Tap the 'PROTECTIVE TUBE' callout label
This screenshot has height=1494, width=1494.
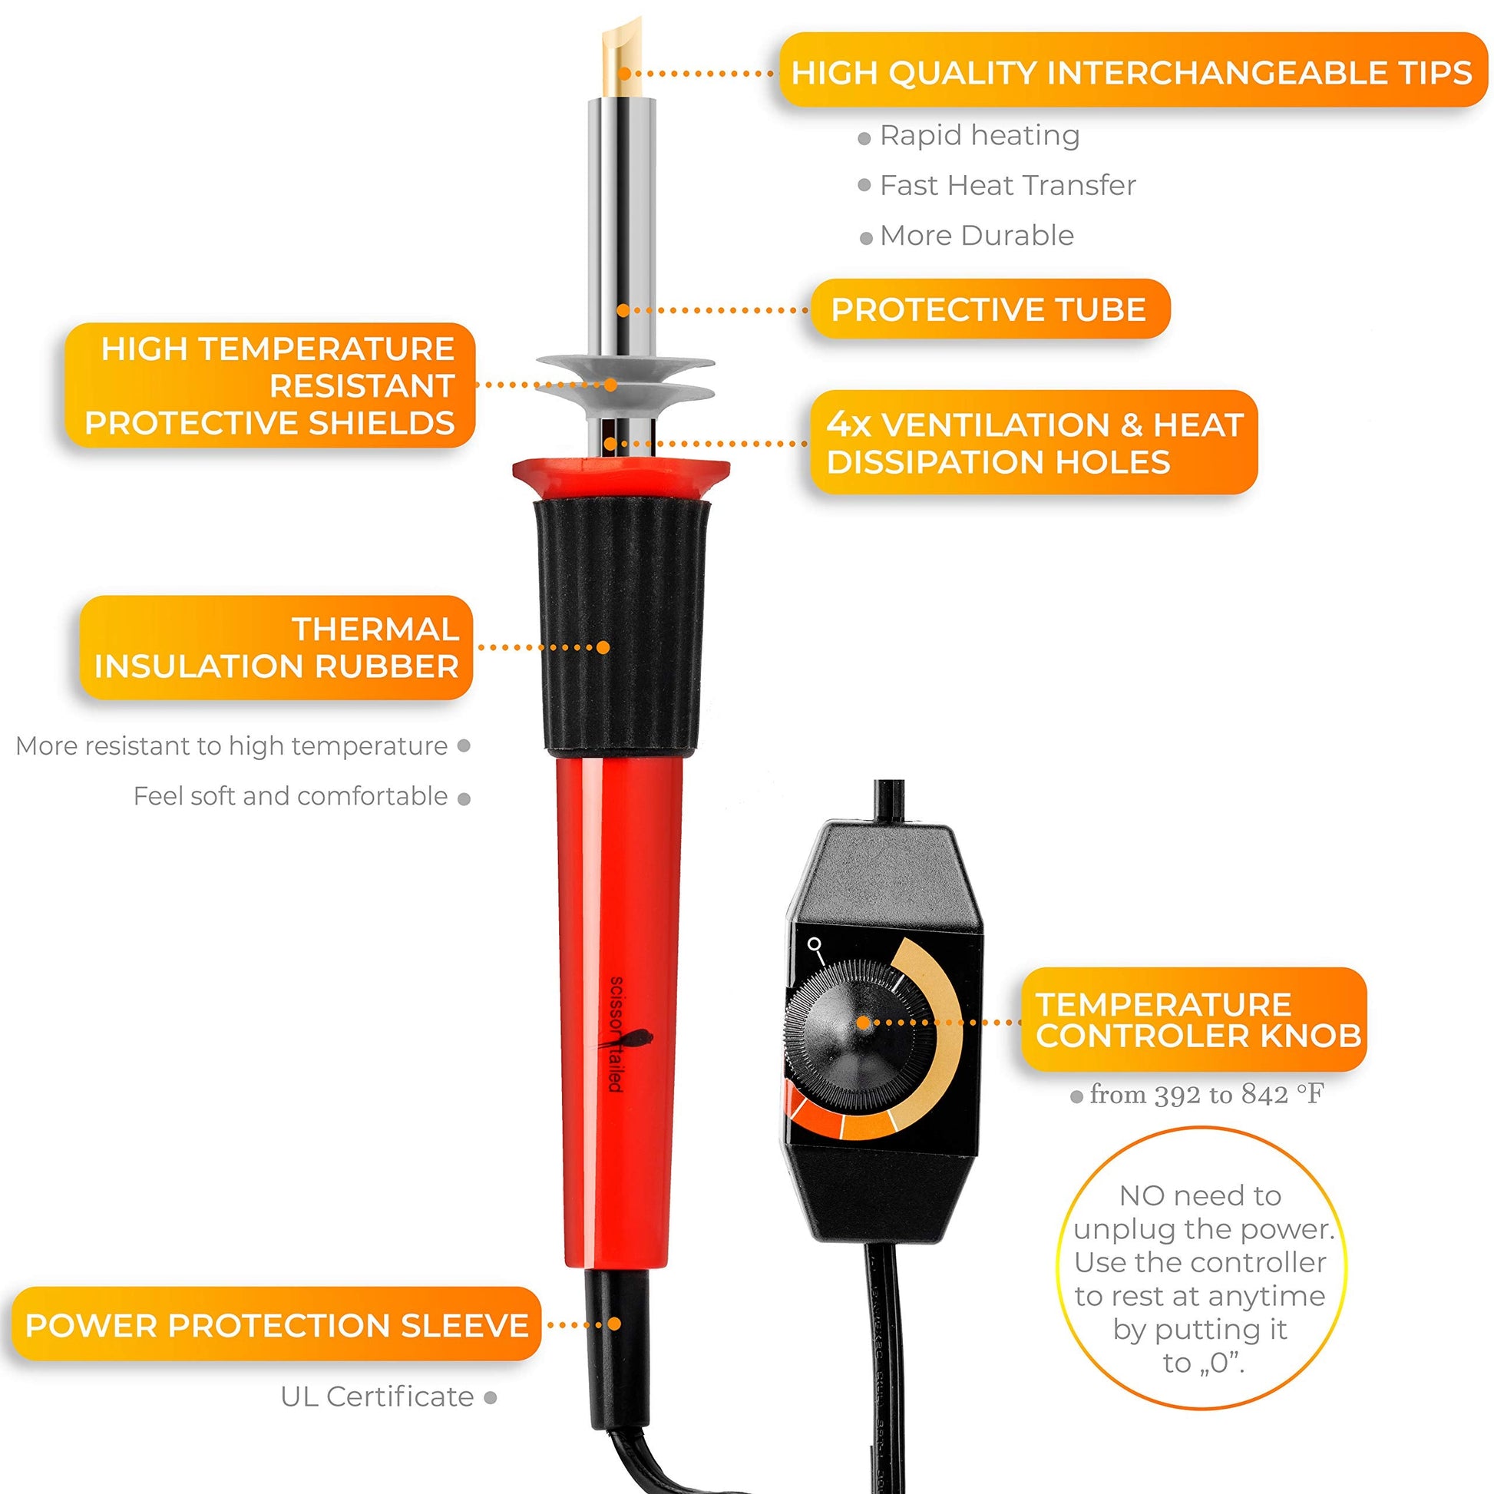(x=989, y=309)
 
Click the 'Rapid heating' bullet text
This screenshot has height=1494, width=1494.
(x=980, y=135)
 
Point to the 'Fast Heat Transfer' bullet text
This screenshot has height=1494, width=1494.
(x=1007, y=186)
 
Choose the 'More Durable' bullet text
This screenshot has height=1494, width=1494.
(x=977, y=236)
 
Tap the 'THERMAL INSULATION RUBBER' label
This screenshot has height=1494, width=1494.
(x=276, y=648)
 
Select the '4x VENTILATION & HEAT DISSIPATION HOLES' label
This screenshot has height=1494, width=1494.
(x=1034, y=443)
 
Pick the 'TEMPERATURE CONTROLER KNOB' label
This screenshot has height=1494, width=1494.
(x=1194, y=1020)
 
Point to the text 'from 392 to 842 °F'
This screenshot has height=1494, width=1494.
(x=1206, y=1094)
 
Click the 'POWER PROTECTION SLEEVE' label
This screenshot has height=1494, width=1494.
(x=276, y=1324)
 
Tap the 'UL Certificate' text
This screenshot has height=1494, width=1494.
(x=378, y=1396)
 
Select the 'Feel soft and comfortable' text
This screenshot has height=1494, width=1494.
(x=291, y=796)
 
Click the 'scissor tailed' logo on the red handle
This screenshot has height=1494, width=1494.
(x=620, y=1035)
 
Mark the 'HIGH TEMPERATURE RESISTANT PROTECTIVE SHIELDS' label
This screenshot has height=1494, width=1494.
(x=270, y=385)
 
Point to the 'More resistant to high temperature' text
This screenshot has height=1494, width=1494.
(x=232, y=746)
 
